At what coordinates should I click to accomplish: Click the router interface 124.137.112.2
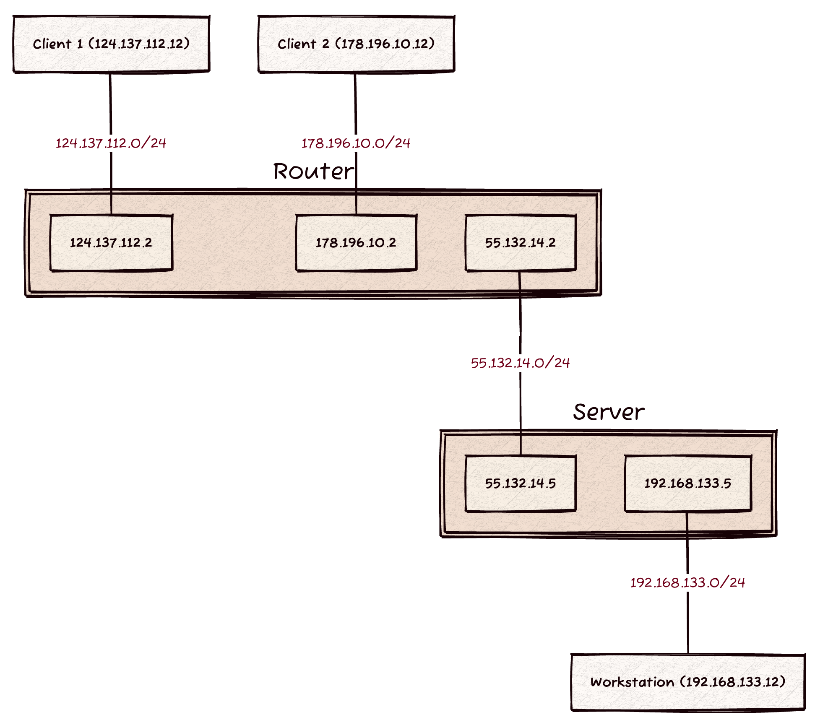pos(111,243)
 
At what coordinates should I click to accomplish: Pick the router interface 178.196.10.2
pos(356,243)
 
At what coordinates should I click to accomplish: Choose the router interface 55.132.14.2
pos(521,243)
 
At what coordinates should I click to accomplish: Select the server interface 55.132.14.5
pos(521,483)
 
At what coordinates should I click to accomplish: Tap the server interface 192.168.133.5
pos(688,483)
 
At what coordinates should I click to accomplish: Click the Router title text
pos(313,172)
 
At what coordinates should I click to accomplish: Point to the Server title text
pos(608,412)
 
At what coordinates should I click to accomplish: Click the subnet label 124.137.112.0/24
pos(111,143)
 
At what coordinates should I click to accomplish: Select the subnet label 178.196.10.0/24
pos(356,143)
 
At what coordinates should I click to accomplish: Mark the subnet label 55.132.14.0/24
pos(521,363)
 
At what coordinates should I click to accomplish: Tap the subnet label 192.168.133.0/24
pos(688,583)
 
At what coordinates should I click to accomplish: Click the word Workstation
pos(632,682)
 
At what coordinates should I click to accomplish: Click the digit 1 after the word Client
pos(80,44)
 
